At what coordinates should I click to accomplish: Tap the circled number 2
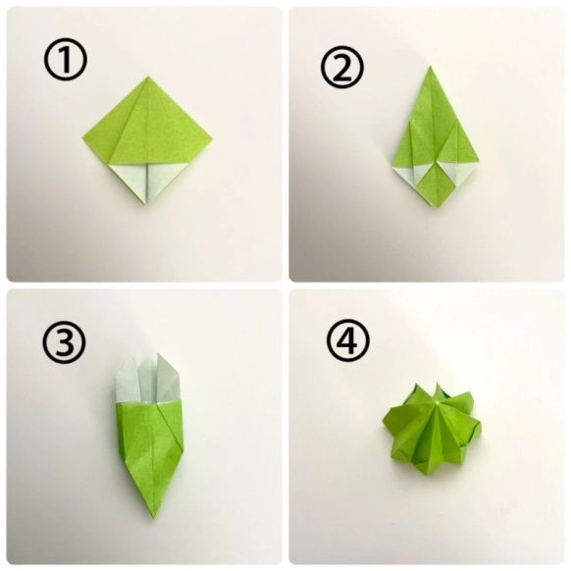(342, 67)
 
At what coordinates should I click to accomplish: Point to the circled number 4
(347, 340)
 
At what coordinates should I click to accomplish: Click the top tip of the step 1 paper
(148, 77)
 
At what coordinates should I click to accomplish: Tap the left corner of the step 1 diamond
(83, 137)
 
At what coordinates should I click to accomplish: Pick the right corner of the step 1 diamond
(212, 137)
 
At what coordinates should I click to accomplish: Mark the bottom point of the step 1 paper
(146, 202)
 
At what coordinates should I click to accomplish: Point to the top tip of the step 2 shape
(430, 67)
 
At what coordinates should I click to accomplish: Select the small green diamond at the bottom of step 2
(435, 183)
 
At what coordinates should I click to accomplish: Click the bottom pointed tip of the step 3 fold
(155, 517)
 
